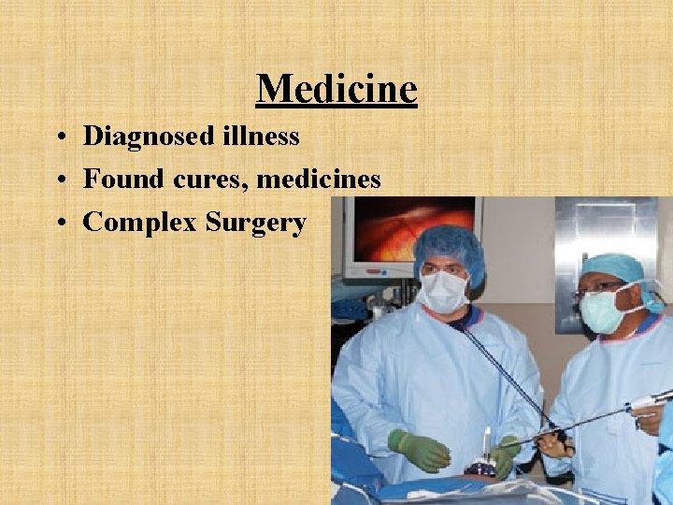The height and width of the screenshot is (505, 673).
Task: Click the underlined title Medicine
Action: [x=336, y=89]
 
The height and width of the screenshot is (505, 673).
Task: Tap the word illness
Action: [x=263, y=137]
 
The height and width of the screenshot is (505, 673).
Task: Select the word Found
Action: [x=120, y=179]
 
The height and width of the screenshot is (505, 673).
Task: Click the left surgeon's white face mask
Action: [x=443, y=291]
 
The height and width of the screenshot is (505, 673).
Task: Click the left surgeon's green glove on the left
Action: [x=420, y=450]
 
